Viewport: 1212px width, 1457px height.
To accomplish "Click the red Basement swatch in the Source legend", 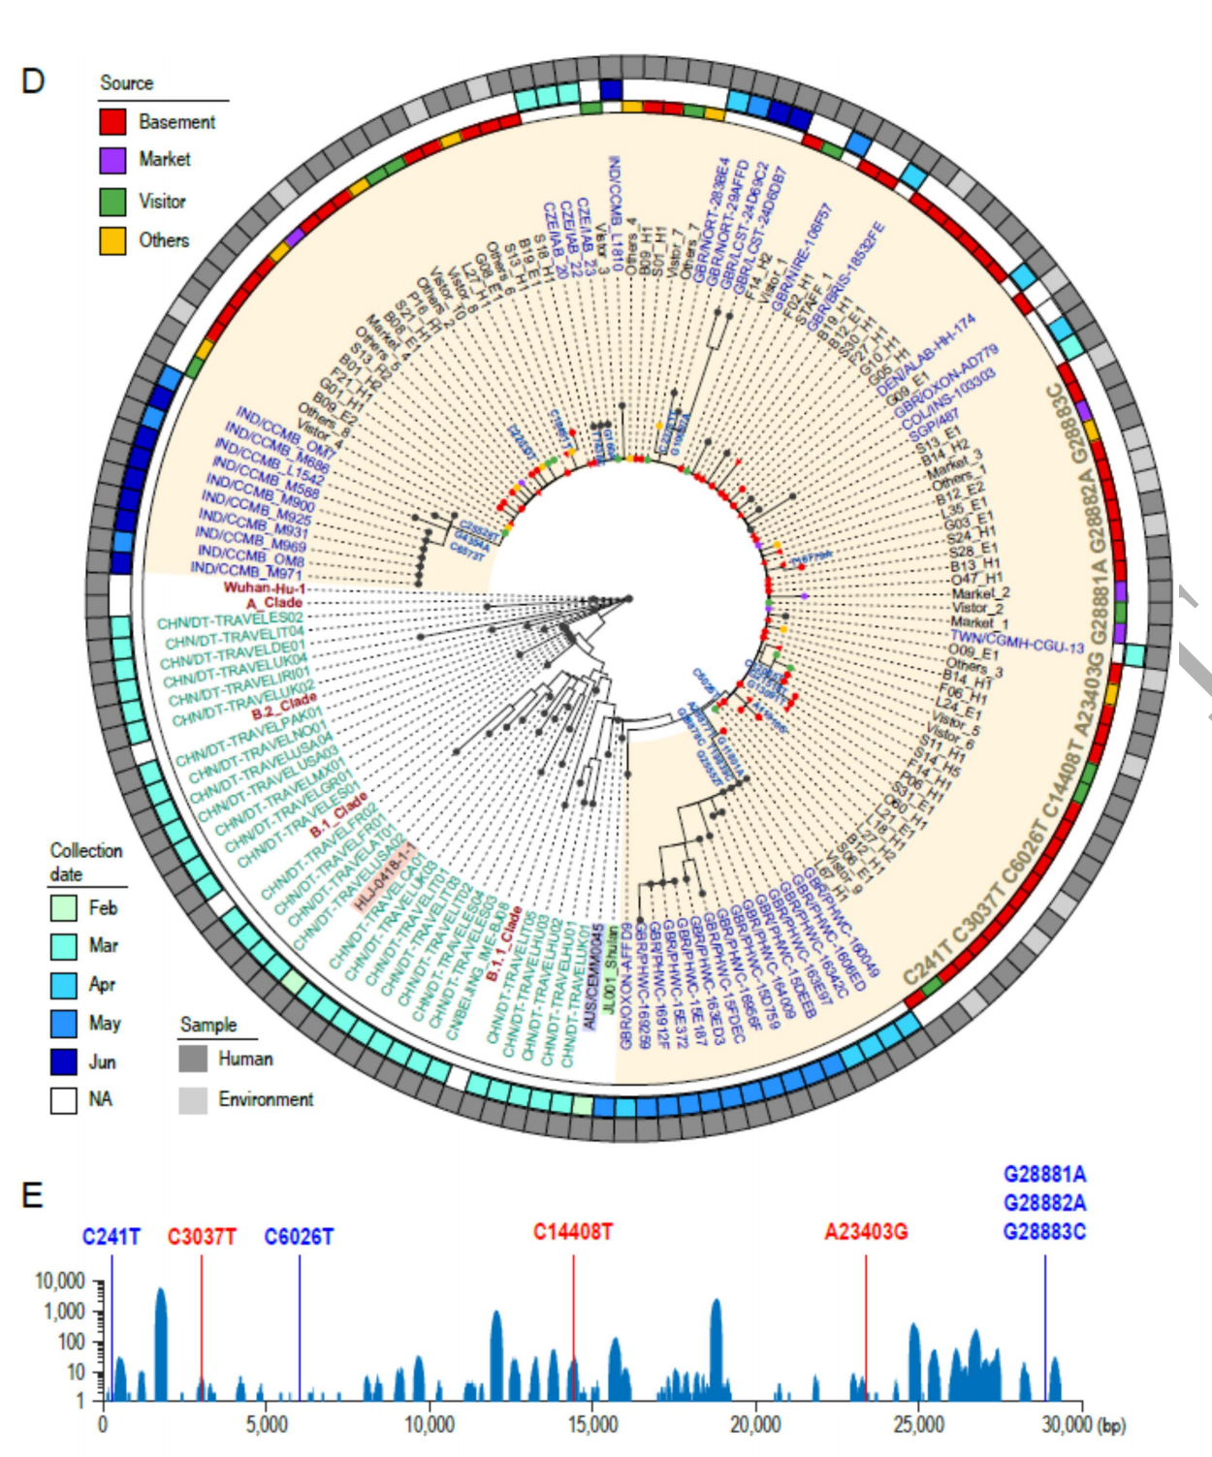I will tap(112, 121).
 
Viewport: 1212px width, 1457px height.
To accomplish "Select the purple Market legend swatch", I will tap(112, 160).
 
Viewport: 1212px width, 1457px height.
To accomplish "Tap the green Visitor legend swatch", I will tap(112, 201).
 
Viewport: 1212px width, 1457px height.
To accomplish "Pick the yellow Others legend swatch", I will tap(112, 240).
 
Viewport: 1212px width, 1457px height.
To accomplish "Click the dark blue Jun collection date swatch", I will tap(64, 1061).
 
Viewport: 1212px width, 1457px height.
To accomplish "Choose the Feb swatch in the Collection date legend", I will tap(64, 908).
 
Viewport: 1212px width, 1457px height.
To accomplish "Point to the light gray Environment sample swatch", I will tap(193, 1099).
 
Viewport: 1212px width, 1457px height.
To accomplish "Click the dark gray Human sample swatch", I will tap(193, 1059).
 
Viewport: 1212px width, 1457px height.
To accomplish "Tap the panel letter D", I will tap(33, 80).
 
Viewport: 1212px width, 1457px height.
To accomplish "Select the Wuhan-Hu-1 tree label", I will tap(264, 587).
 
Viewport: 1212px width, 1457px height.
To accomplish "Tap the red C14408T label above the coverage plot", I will tap(572, 1232).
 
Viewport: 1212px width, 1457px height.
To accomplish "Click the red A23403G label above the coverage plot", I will tap(865, 1232).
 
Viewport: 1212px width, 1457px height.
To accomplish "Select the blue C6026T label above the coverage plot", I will tap(299, 1237).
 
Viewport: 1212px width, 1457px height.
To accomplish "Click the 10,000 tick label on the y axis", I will tap(60, 1282).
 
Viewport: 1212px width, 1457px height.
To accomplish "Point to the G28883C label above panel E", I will tap(1044, 1232).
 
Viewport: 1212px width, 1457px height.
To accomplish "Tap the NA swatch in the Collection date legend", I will tap(64, 1100).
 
